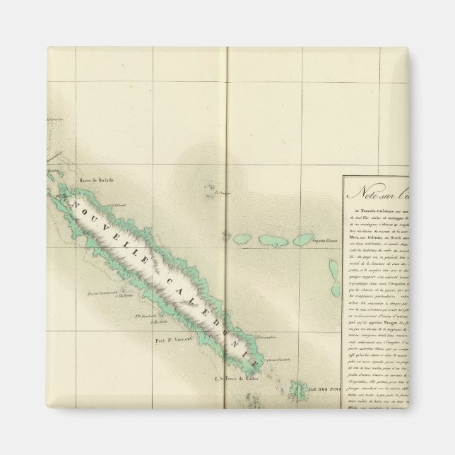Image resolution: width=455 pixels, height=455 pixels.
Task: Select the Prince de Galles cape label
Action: [240, 378]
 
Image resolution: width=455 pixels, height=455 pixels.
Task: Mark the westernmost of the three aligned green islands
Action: [244, 239]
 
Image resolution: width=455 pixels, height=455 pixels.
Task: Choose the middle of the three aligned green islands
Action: [271, 240]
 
